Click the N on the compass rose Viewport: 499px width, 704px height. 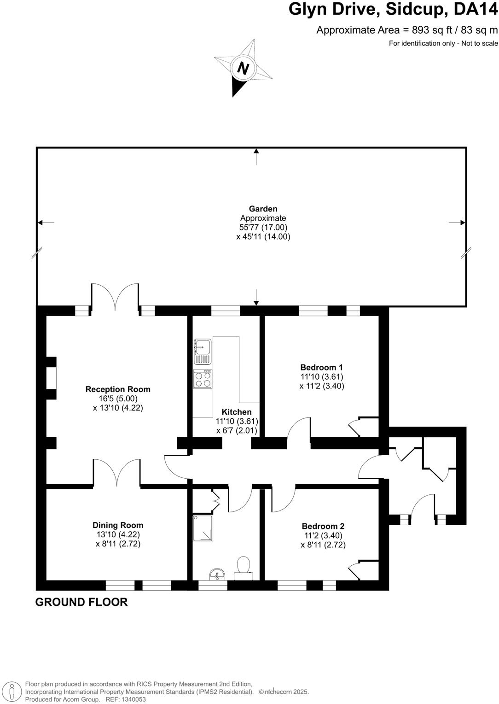click(243, 69)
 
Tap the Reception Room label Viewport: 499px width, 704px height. click(118, 389)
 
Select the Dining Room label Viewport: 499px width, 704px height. click(118, 525)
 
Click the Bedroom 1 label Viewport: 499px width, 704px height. click(321, 367)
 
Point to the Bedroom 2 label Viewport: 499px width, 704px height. click(323, 526)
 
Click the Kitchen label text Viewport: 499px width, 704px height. click(237, 412)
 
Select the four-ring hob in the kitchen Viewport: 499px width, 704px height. click(203, 379)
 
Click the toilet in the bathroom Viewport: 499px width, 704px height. click(243, 568)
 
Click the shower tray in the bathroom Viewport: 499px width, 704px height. click(203, 528)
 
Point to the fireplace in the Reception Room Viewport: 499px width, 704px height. click(52, 378)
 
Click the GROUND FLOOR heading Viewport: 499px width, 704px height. click(81, 602)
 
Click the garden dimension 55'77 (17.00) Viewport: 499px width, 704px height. click(263, 228)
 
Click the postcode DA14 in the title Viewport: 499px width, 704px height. click(476, 9)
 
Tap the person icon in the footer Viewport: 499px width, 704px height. click(14, 691)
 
